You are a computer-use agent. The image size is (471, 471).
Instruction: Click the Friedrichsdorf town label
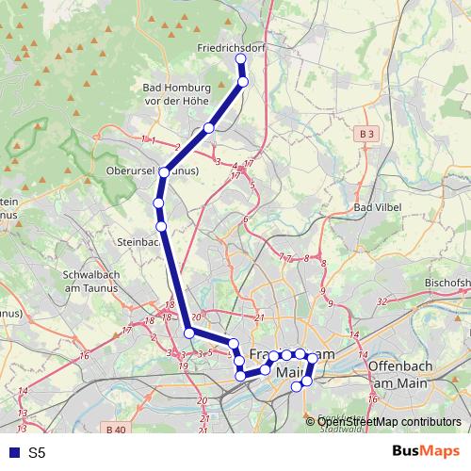point(232,46)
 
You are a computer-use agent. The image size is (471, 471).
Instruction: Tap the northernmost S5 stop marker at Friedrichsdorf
point(240,59)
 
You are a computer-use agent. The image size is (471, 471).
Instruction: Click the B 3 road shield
point(367,136)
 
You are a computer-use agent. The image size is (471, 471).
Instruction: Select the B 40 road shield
point(116,430)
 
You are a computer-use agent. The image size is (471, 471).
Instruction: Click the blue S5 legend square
point(12,453)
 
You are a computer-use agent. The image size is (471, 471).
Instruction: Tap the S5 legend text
point(37,453)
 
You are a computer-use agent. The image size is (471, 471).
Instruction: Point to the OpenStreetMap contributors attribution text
point(388,422)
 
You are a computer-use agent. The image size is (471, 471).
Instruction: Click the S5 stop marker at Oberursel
point(164,172)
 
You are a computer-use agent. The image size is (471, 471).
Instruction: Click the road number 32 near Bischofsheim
point(382,300)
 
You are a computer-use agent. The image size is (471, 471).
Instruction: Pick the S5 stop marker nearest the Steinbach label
point(161,226)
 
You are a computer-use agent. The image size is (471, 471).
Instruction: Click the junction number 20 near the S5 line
point(197,317)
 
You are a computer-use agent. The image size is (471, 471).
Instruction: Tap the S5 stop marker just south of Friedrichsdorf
point(243,82)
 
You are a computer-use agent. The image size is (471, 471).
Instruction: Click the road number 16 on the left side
point(84,355)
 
